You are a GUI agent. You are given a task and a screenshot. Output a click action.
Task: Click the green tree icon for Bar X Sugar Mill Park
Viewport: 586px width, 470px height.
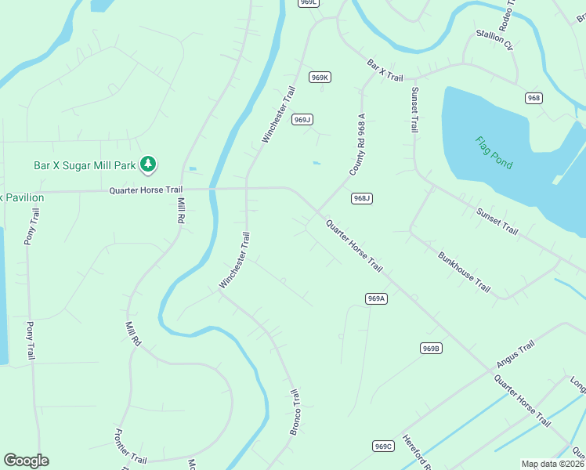click(146, 164)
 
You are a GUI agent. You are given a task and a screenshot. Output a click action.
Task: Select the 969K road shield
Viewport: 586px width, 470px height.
click(320, 77)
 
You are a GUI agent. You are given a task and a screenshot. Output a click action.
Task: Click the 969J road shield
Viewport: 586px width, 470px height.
click(302, 119)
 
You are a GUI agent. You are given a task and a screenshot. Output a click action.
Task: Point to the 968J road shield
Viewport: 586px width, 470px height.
click(361, 198)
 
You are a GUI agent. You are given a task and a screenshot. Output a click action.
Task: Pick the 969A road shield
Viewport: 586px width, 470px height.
click(377, 298)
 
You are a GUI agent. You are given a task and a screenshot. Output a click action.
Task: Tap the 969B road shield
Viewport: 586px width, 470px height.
click(431, 348)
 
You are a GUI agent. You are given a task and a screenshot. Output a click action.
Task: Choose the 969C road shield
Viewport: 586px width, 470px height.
click(382, 446)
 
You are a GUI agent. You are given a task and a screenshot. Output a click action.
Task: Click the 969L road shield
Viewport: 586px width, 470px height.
click(309, 3)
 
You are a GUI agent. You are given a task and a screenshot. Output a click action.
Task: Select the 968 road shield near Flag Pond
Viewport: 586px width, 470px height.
click(534, 98)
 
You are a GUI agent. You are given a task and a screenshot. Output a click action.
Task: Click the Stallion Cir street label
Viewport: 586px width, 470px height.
click(495, 41)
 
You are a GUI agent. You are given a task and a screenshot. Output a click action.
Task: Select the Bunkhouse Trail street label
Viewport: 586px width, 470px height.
click(464, 272)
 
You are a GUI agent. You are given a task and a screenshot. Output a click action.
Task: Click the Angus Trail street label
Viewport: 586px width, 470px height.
click(515, 355)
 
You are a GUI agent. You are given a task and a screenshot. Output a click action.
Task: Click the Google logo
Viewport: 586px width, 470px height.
click(26, 461)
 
